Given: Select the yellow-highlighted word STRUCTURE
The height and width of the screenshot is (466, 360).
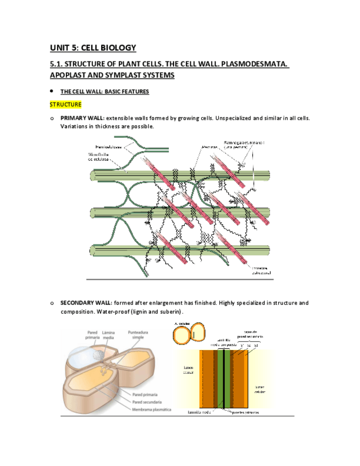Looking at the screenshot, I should [x=65, y=104].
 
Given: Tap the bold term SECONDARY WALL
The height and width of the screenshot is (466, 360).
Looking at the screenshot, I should [x=86, y=303].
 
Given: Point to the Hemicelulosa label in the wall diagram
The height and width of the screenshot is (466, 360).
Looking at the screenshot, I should [x=109, y=147].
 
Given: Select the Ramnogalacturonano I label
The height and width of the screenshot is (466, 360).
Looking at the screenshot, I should [x=244, y=143].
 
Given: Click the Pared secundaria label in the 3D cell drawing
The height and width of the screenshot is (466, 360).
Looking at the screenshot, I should [x=145, y=402].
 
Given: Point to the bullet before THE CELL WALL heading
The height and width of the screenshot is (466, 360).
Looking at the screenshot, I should [x=51, y=91].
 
